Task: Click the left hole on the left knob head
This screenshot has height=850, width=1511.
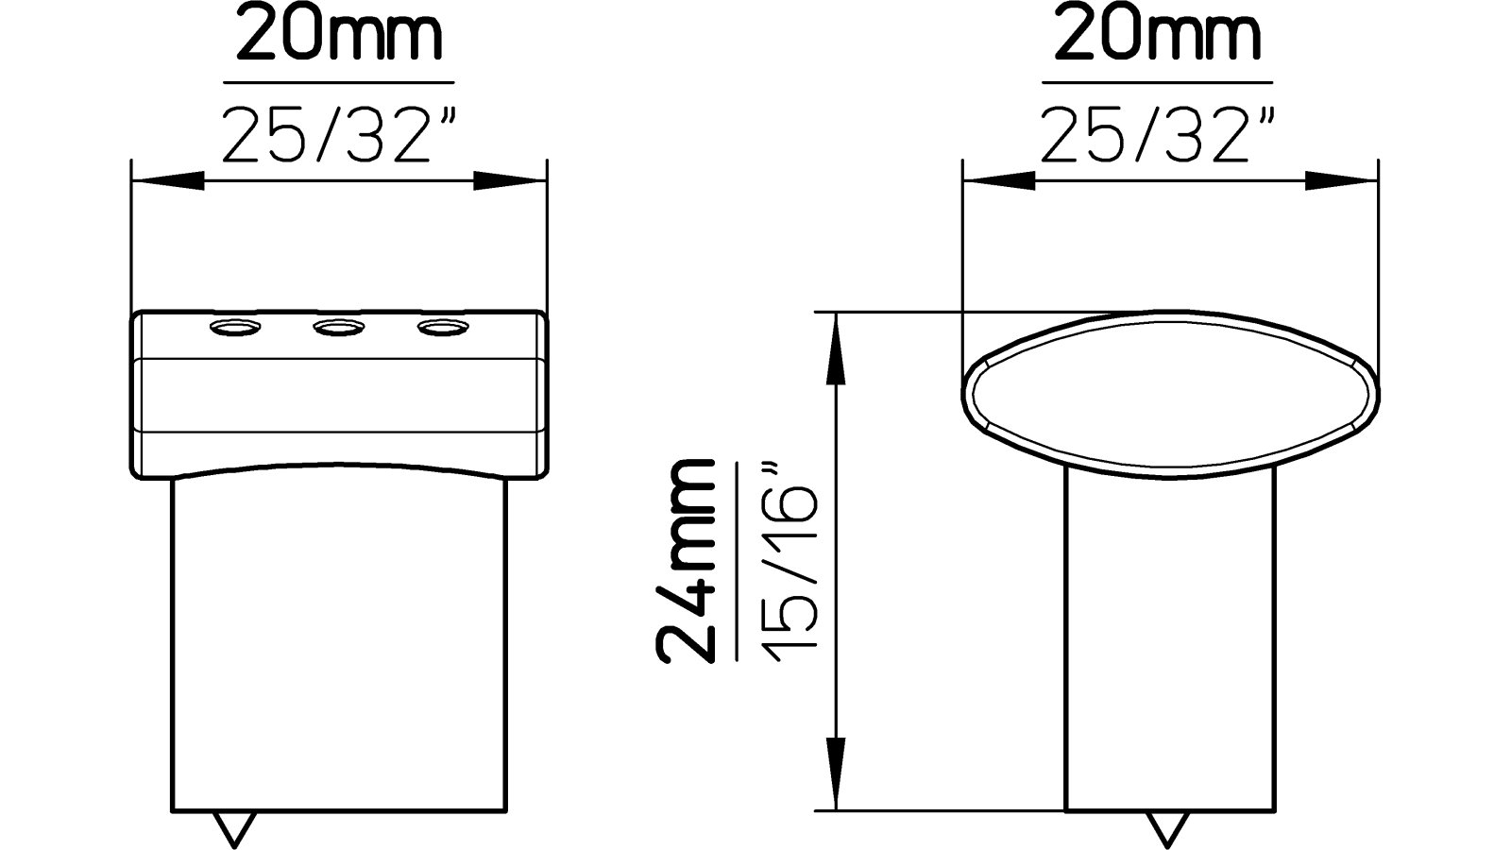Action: [233, 327]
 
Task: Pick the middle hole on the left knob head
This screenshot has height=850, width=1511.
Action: [338, 327]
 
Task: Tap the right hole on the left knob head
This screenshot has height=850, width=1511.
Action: [442, 327]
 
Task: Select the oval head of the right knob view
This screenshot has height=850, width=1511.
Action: [1169, 388]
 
